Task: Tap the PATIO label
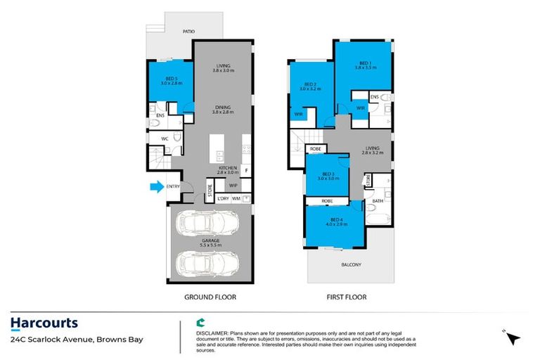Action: (x=188, y=32)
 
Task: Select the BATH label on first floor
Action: (x=378, y=201)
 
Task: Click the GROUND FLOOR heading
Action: (x=210, y=297)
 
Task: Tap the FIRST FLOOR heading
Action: (x=347, y=297)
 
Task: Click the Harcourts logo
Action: (x=44, y=323)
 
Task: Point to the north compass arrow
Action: (x=513, y=337)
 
